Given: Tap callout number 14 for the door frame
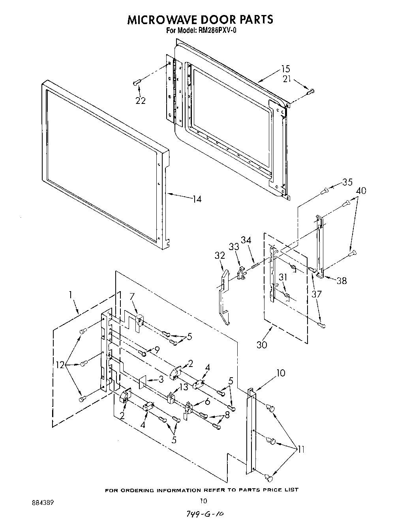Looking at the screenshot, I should (196, 199).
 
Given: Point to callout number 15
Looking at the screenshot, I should (285, 69).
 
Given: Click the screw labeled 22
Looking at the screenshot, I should (137, 82).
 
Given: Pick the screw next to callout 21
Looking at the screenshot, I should (310, 92).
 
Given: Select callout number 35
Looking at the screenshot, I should (347, 182).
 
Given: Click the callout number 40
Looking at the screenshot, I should (360, 191).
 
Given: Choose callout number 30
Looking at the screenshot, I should (262, 344).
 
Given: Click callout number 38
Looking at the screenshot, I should (341, 280).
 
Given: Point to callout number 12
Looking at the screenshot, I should (60, 365).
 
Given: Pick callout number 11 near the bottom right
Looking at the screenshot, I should (300, 449).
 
